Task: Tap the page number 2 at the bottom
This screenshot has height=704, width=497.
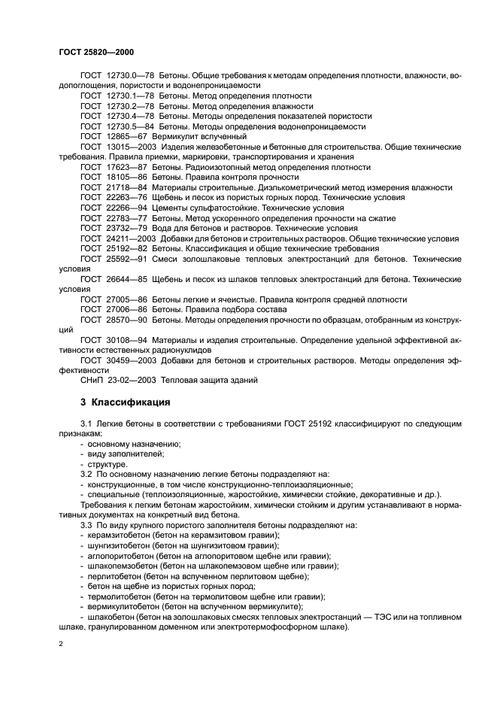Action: pyautogui.click(x=61, y=645)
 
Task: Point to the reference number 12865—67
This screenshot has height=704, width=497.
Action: pyautogui.click(x=126, y=137)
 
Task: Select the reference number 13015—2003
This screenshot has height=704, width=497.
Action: pyautogui.click(x=129, y=147)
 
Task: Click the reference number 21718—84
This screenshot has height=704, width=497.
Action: pyautogui.click(x=126, y=187)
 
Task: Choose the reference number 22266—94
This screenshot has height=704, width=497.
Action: pyautogui.click(x=126, y=208)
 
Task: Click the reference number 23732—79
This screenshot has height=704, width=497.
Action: pyautogui.click(x=126, y=228)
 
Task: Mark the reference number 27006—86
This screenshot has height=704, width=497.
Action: pyautogui.click(x=126, y=309)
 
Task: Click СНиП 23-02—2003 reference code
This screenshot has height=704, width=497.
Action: pyautogui.click(x=120, y=380)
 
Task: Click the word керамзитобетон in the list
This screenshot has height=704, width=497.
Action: pyautogui.click(x=119, y=535)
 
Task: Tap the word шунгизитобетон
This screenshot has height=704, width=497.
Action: pyautogui.click(x=120, y=545)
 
